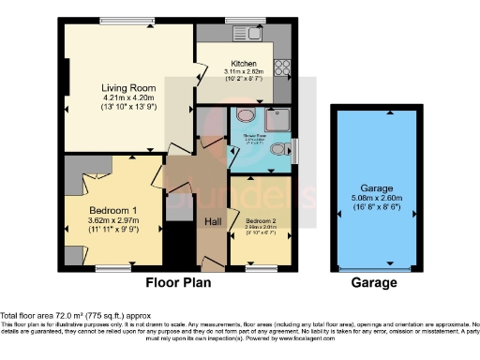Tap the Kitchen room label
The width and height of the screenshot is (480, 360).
(x=244, y=64)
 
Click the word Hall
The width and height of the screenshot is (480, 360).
(x=212, y=221)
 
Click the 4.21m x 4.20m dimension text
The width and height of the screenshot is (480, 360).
(x=127, y=97)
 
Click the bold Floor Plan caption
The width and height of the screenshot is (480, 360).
(x=178, y=281)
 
